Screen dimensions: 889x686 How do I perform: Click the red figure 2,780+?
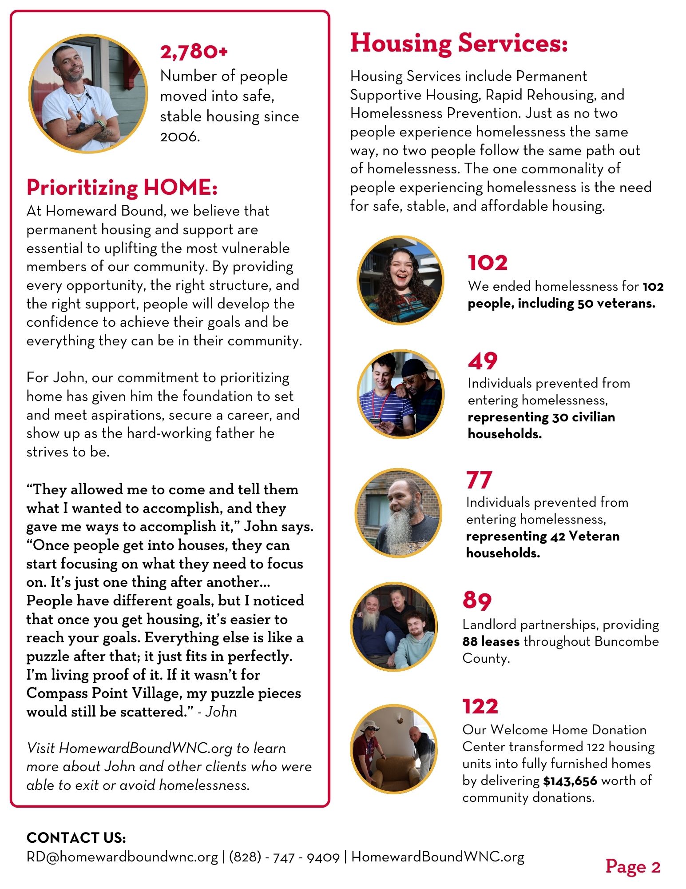[x=194, y=52]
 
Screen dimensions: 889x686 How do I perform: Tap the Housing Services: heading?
[x=459, y=44]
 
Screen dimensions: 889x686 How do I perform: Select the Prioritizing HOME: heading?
[x=122, y=187]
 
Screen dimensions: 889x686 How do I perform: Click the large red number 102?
[x=488, y=263]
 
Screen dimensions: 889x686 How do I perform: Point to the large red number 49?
[x=483, y=361]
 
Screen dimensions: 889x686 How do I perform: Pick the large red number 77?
[x=479, y=480]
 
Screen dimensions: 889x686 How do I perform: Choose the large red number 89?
[x=477, y=601]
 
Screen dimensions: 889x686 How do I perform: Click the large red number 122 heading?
[x=480, y=706]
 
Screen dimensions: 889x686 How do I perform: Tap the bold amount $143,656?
[x=570, y=781]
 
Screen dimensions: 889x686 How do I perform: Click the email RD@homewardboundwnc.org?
[x=122, y=857]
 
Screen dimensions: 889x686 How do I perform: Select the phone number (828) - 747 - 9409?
[x=284, y=857]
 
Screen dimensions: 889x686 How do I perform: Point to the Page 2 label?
[x=633, y=866]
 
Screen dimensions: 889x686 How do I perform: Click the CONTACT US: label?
[x=76, y=838]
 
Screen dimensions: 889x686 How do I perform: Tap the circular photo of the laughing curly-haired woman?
[x=400, y=280]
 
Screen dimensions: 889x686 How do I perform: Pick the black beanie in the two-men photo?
[x=415, y=367]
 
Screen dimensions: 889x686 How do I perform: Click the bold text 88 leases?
[x=491, y=641]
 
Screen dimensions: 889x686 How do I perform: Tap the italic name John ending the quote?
[x=221, y=712]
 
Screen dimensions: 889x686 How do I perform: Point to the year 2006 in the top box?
[x=179, y=136]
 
